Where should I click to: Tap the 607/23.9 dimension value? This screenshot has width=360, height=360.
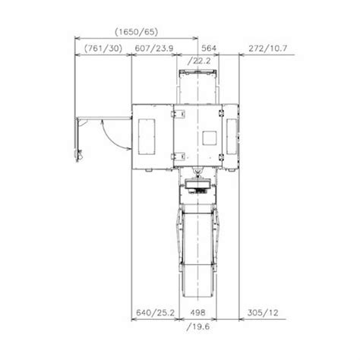click(156, 49)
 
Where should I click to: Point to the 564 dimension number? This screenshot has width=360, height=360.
click(208, 49)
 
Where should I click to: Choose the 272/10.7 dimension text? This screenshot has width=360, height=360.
click(262, 49)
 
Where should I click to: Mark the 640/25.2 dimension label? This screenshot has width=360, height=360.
click(155, 311)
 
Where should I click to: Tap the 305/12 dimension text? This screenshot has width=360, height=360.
click(260, 311)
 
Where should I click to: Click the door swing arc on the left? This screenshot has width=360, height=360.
click(111, 137)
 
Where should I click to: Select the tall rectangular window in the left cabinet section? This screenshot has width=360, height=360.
click(149, 137)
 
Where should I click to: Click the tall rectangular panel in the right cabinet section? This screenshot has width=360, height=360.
click(231, 137)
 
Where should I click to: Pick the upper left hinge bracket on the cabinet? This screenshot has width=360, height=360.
click(181, 113)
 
